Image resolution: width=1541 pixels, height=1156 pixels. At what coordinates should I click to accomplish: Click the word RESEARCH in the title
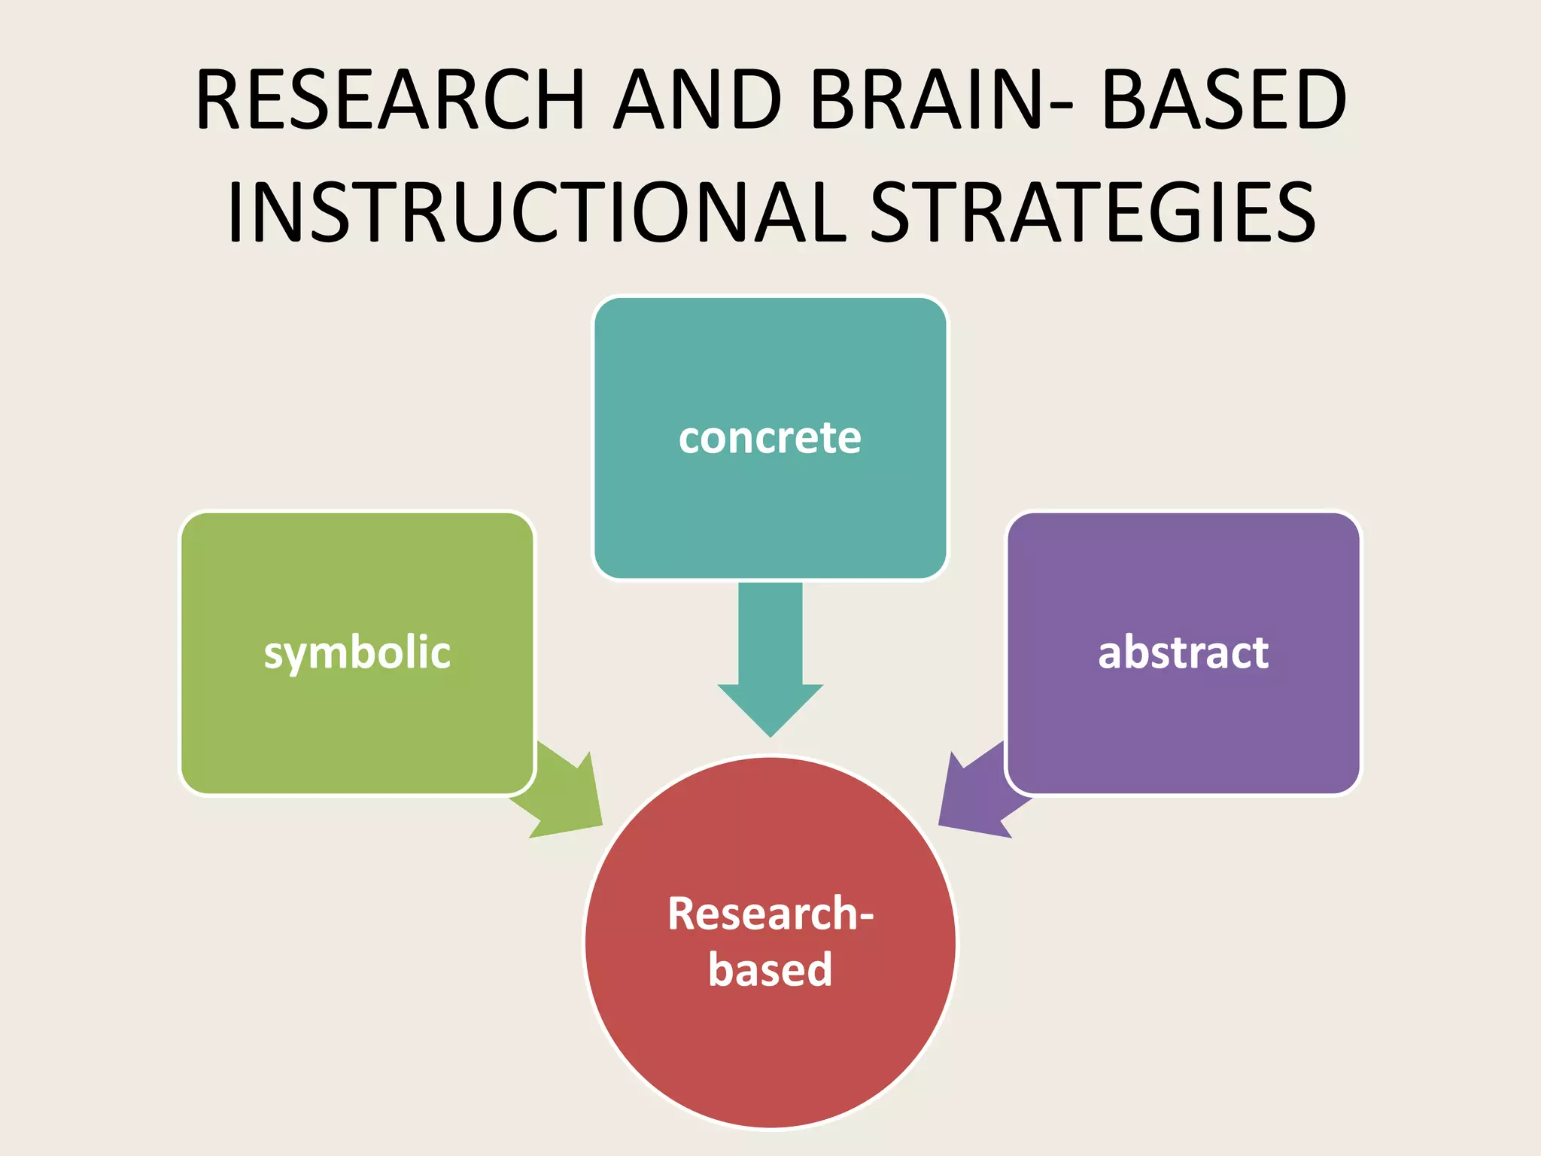coord(390,100)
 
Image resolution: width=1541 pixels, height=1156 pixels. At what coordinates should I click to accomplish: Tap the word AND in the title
coord(698,100)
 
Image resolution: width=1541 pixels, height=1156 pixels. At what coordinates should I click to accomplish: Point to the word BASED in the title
coord(1223,100)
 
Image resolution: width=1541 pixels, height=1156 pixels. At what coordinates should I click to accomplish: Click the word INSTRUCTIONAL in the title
coord(536,212)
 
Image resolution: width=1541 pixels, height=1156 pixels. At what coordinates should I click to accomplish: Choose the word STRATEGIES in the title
coord(1093,212)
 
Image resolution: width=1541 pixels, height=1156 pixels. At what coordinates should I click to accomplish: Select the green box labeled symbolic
coord(357,722)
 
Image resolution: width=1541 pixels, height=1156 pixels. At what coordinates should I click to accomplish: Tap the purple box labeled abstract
coord(1184,722)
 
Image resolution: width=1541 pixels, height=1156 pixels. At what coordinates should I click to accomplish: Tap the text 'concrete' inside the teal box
coord(770,438)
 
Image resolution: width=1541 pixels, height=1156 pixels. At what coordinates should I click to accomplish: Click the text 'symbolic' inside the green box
coord(357,653)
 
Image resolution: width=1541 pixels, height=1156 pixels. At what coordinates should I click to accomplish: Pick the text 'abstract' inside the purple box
coord(1184,653)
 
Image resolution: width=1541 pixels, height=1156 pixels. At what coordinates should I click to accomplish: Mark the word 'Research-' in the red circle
coord(770,914)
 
